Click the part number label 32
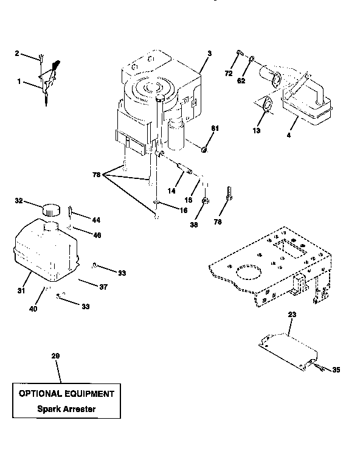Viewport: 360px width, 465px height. [x=18, y=200]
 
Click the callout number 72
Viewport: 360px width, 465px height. [x=229, y=74]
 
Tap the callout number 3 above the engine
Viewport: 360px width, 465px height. [x=209, y=54]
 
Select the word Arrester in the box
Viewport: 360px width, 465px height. [x=78, y=408]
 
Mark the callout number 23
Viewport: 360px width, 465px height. [x=291, y=314]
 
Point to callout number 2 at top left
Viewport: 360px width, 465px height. [x=18, y=54]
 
